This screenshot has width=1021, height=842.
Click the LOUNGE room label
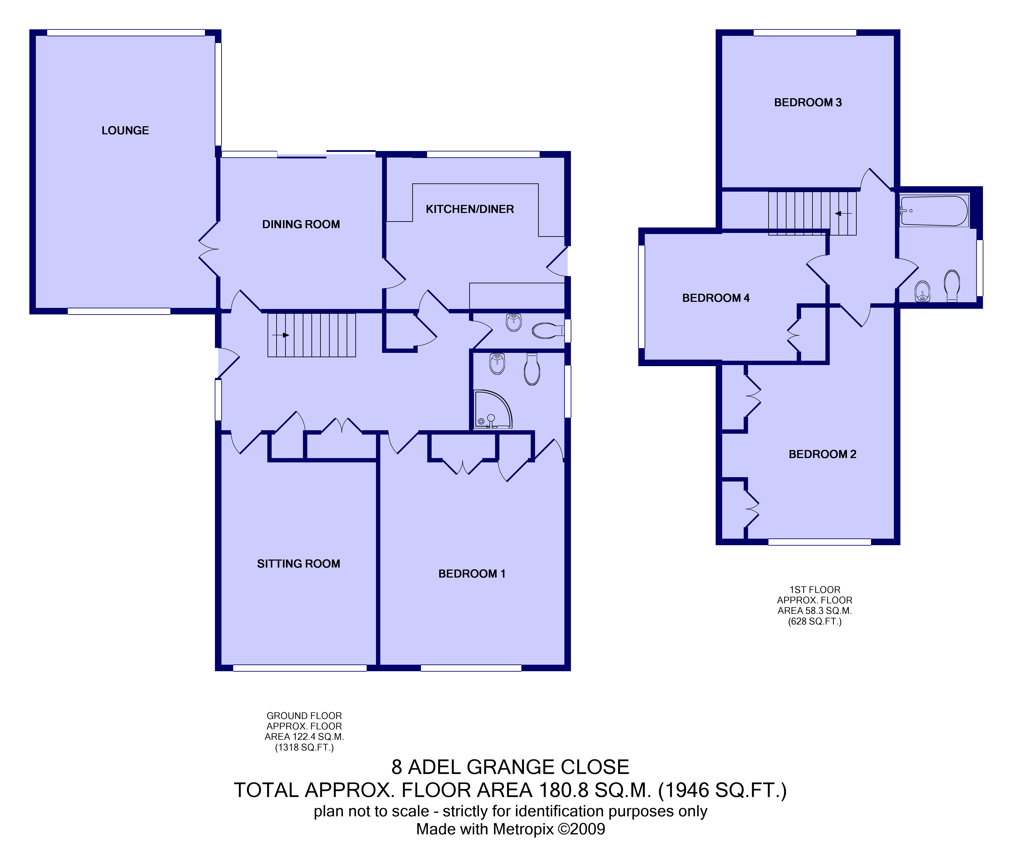click(x=125, y=130)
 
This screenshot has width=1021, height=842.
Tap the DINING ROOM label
click(x=301, y=224)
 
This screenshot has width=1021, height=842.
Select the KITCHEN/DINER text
click(x=469, y=209)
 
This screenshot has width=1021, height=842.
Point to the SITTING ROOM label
click(x=298, y=564)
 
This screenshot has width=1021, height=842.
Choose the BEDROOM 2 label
click(x=822, y=454)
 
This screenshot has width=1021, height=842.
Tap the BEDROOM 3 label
click(x=808, y=102)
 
